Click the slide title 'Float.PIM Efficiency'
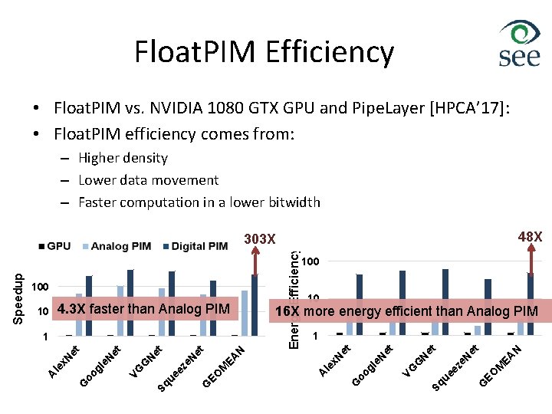(264, 52)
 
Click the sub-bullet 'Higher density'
(123, 158)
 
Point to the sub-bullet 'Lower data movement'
(148, 180)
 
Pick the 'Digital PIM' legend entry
(195, 246)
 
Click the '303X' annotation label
(260, 239)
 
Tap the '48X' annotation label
(530, 237)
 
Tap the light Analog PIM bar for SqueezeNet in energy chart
(478, 330)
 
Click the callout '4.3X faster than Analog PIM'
(143, 309)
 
